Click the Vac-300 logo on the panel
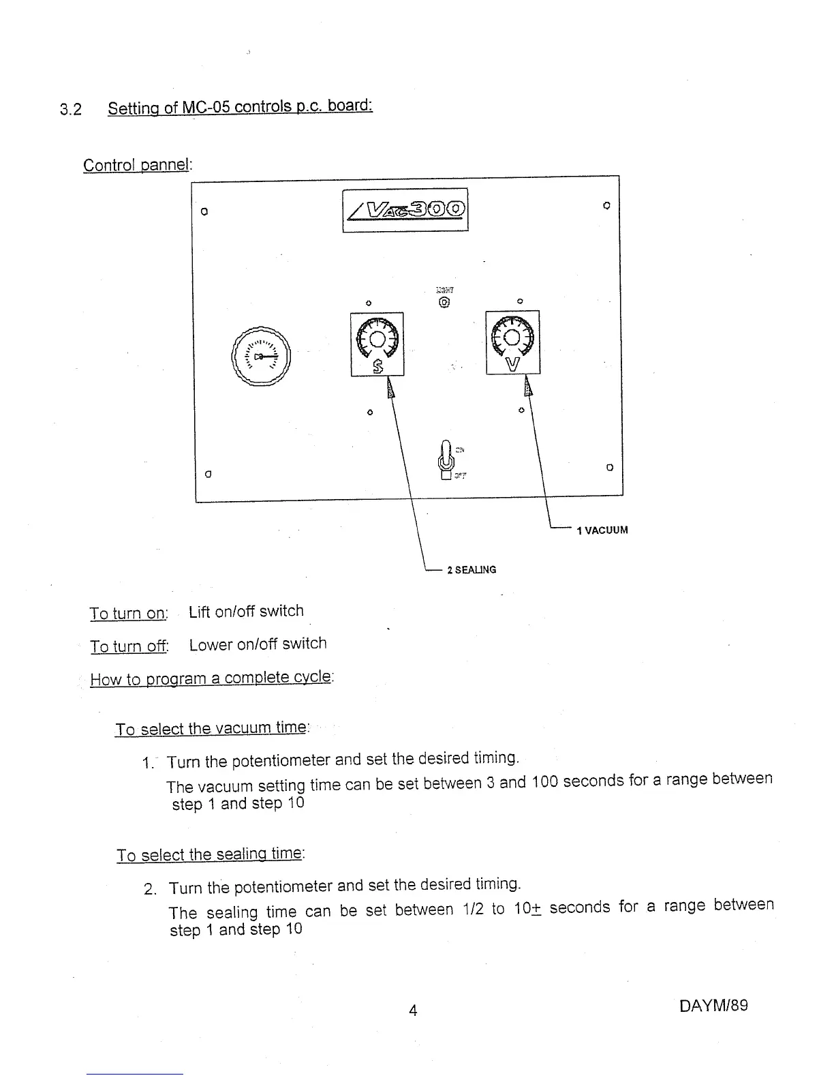pos(405,210)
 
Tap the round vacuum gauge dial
pos(262,357)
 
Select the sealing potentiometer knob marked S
pos(377,337)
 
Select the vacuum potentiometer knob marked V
pos(512,336)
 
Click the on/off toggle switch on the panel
pos(446,458)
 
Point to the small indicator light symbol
pos(444,301)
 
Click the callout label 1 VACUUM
pos(602,530)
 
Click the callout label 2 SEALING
pos(472,569)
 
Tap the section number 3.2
pos(70,109)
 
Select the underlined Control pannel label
pos(138,165)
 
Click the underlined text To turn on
pos(127,613)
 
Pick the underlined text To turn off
pos(129,646)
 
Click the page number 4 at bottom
pos(413,1010)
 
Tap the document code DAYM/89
pos(713,1005)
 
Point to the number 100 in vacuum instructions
pos(545,781)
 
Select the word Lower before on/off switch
pos(208,644)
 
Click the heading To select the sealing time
pos(210,854)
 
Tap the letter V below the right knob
pos(512,364)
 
